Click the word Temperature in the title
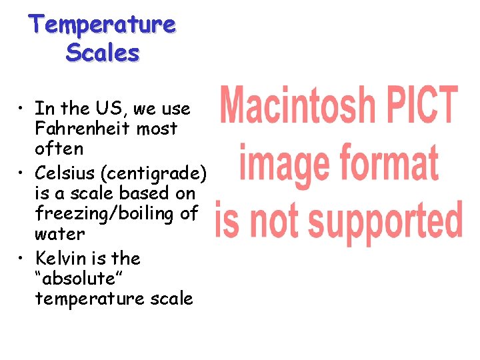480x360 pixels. [102, 25]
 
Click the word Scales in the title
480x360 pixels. [102, 52]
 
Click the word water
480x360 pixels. [59, 234]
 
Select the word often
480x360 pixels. [59, 148]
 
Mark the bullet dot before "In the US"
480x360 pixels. [23, 108]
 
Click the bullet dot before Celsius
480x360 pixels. [23, 173]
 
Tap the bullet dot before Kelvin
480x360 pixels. [23, 258]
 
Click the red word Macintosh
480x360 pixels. [297, 106]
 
